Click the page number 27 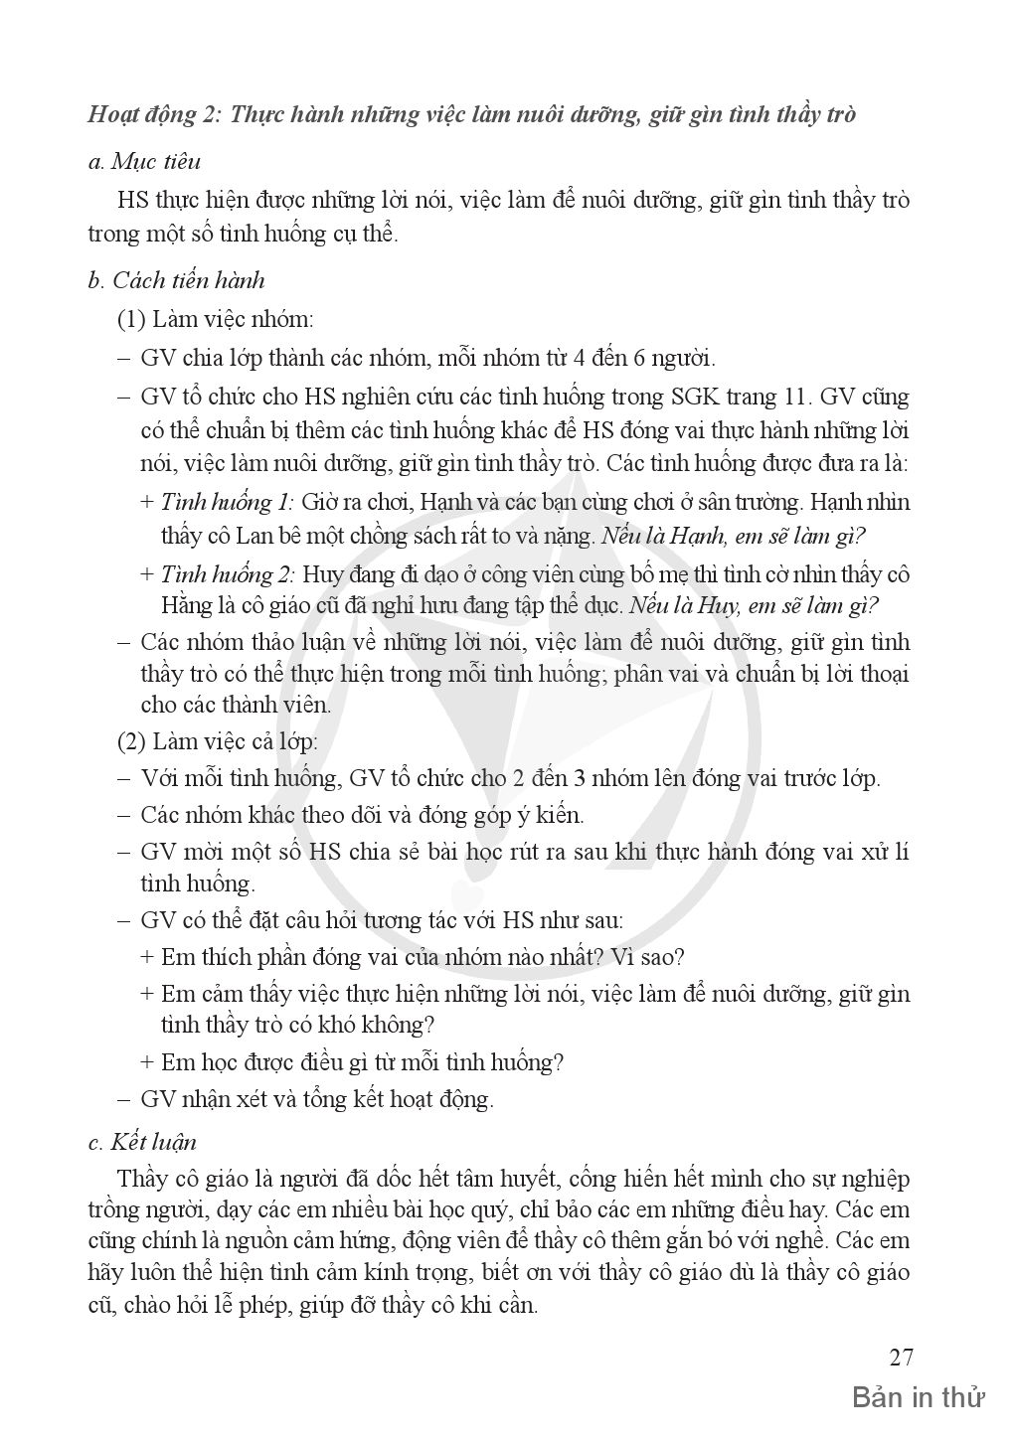pyautogui.click(x=901, y=1358)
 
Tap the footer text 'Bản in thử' pyautogui.click(x=918, y=1398)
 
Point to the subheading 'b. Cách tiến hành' pyautogui.click(x=176, y=280)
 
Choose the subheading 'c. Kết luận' pyautogui.click(x=142, y=1142)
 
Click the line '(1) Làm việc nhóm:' pyautogui.click(x=215, y=320)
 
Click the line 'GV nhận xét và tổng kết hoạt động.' pyautogui.click(x=316, y=1099)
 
